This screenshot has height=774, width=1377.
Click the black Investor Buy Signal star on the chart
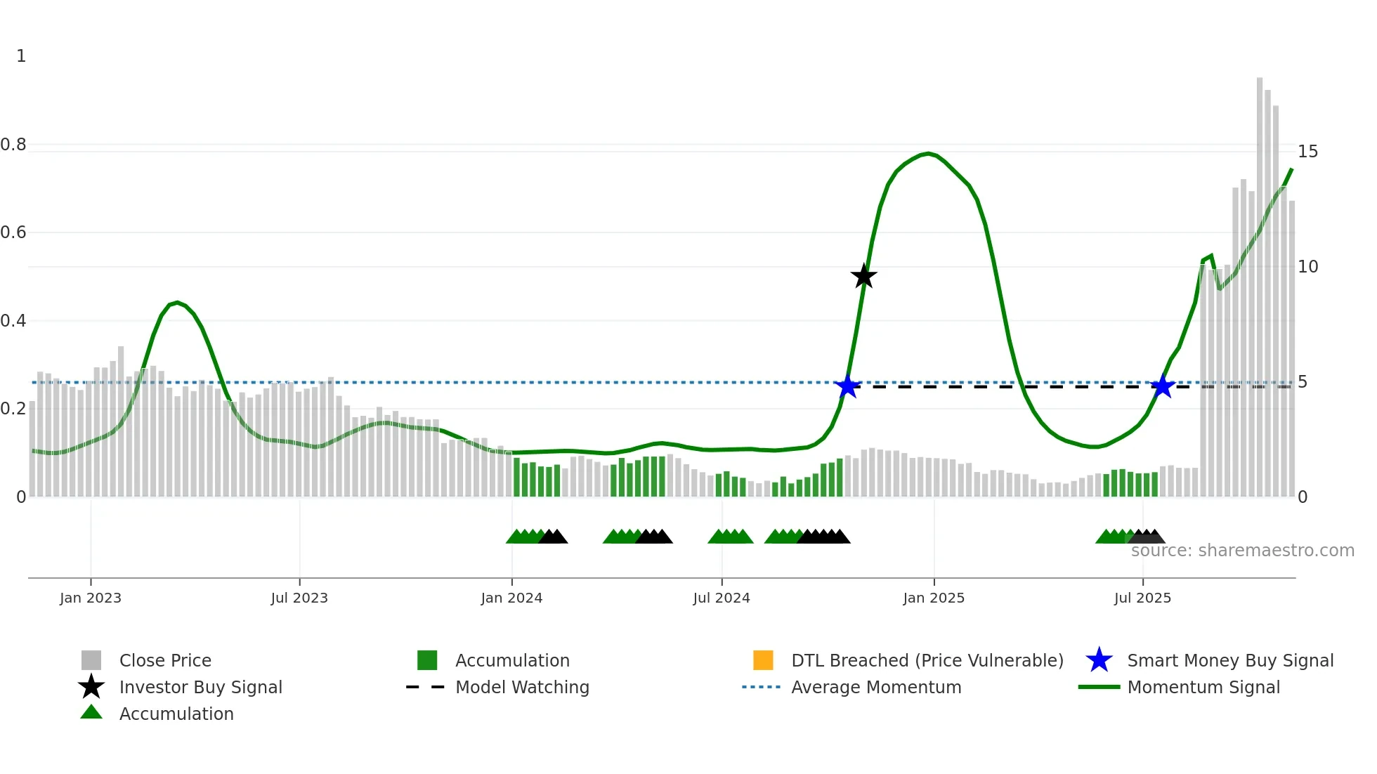point(863,276)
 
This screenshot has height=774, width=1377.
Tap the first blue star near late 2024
point(848,386)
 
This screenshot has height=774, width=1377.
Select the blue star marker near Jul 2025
point(1163,386)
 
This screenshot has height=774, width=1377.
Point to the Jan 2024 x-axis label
point(511,598)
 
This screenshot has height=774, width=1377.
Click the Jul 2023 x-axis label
point(299,598)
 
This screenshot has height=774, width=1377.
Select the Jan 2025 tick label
point(934,598)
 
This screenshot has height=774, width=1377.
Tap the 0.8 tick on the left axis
point(14,145)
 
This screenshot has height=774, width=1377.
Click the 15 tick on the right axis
point(1307,152)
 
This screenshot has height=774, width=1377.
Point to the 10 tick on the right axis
point(1307,267)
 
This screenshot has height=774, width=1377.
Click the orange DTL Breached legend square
point(763,660)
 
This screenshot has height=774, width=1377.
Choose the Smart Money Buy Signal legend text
point(1230,660)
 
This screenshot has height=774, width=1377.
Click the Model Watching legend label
point(522,687)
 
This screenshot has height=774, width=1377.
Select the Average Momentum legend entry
point(876,687)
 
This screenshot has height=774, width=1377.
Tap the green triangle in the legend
point(91,713)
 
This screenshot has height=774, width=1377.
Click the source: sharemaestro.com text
point(1242,550)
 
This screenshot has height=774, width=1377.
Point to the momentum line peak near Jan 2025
point(928,153)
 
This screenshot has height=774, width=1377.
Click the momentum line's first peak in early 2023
point(177,303)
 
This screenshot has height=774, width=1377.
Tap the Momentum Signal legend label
point(1203,687)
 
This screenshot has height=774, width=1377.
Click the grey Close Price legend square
point(91,660)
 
